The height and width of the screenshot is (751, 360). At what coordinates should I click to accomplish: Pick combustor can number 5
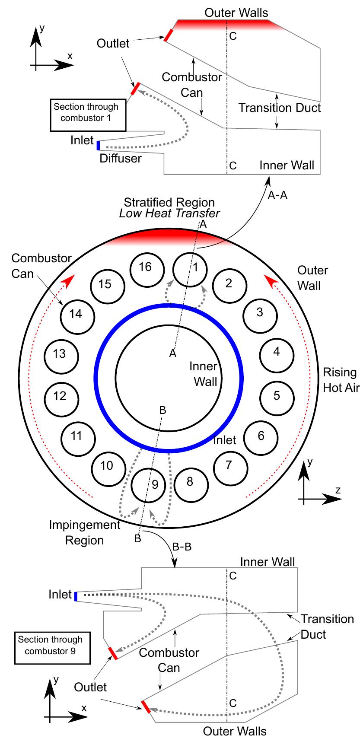click(x=277, y=395)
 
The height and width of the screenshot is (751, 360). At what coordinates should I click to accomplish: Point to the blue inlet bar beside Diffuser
click(x=98, y=145)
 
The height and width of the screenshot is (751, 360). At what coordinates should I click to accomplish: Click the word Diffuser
click(x=121, y=158)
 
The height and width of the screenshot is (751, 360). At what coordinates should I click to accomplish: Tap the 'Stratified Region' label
click(x=169, y=202)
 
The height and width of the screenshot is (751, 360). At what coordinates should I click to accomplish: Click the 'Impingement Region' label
click(x=84, y=532)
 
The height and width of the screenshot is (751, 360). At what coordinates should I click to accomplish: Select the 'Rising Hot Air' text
click(x=341, y=380)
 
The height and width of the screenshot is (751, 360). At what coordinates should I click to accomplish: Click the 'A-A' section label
click(x=277, y=195)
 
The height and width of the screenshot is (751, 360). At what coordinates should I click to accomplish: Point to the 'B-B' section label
click(x=182, y=547)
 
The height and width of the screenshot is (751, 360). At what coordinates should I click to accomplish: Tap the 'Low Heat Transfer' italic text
click(x=169, y=213)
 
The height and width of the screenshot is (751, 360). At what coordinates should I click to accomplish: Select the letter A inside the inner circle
click(x=173, y=353)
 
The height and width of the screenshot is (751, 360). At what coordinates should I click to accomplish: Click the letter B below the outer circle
click(x=137, y=538)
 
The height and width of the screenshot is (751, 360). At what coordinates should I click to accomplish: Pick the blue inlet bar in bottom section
click(x=76, y=596)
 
